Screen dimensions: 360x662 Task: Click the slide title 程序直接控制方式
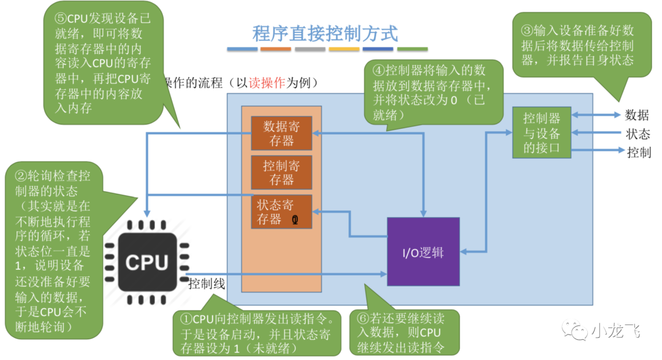325,33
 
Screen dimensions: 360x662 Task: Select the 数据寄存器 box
281,132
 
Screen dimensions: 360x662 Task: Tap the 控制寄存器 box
281,172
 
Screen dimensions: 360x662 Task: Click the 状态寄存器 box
281,212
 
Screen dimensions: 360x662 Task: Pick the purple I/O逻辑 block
423,252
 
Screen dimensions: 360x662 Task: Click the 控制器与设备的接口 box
542,132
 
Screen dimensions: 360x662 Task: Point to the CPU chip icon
146,262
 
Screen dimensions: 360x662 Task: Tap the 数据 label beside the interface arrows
637,115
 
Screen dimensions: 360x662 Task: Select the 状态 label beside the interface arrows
637,134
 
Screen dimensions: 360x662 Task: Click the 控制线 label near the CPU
207,284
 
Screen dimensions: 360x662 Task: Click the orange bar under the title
276,48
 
